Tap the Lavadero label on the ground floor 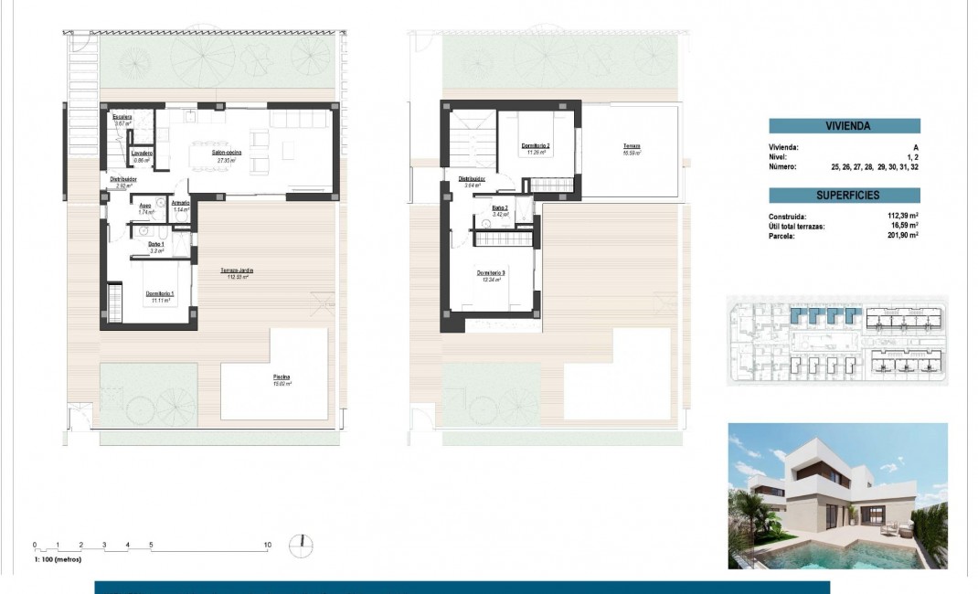(141, 153)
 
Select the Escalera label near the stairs (122, 118)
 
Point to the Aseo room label (144, 206)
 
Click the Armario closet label (180, 203)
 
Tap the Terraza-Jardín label (236, 270)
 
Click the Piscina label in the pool (282, 377)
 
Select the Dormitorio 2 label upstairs (536, 145)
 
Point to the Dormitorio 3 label (491, 273)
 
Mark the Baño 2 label (499, 207)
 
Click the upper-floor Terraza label (632, 146)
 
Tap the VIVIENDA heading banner (844, 127)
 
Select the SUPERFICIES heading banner (844, 196)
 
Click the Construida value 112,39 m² (902, 217)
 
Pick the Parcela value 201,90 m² (902, 235)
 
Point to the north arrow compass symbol (301, 546)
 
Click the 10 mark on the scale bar (267, 545)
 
